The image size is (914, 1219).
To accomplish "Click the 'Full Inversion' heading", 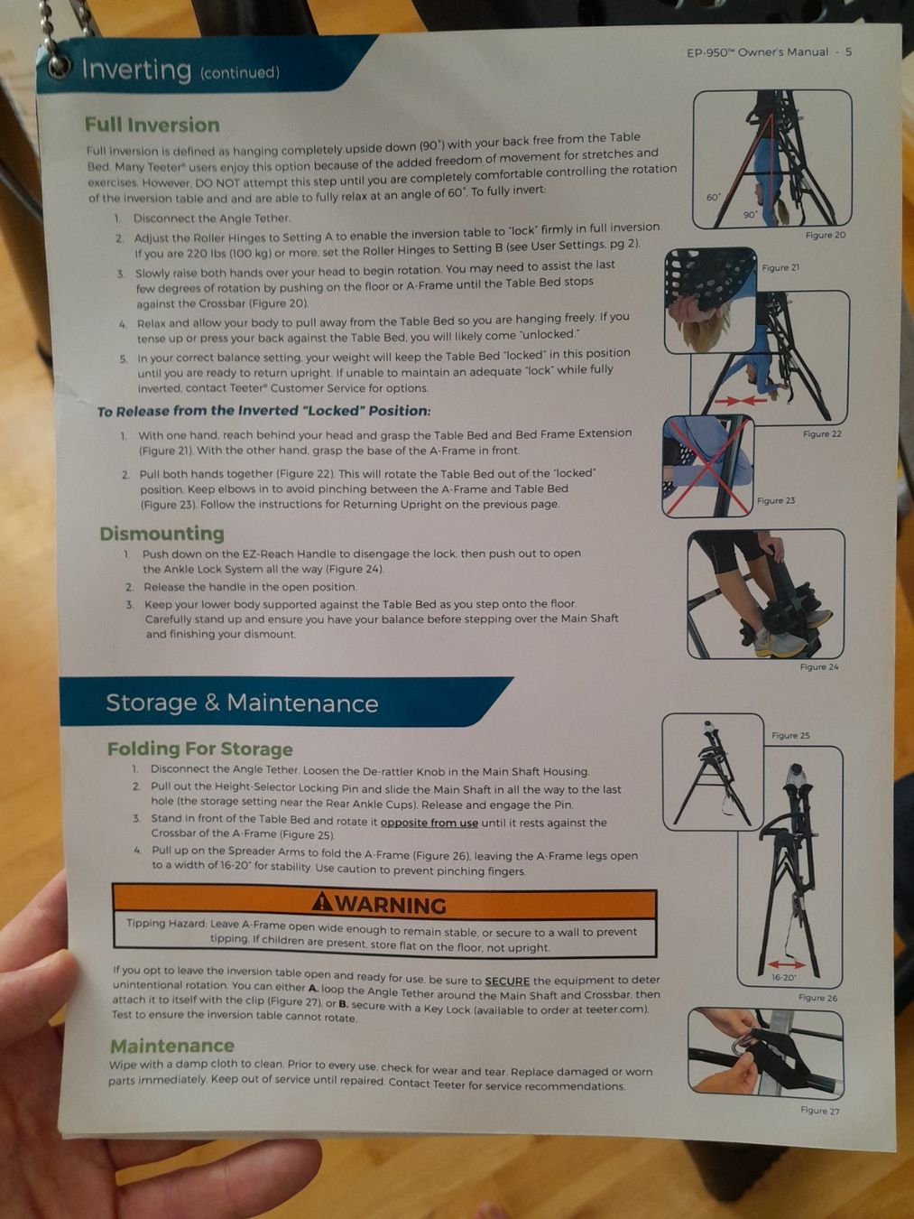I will (x=152, y=126).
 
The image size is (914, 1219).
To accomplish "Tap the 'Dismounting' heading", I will (x=162, y=534).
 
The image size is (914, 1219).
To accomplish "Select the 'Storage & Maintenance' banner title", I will (x=242, y=703).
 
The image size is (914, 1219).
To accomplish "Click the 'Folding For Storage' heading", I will (x=199, y=749).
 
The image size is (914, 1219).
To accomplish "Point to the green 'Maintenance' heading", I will (x=171, y=1046).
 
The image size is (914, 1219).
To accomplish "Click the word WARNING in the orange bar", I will (x=391, y=905).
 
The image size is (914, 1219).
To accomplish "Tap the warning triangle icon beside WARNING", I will (x=322, y=902).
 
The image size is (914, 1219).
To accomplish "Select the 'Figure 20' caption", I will (x=825, y=235).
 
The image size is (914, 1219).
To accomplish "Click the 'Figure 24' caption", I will (x=818, y=666).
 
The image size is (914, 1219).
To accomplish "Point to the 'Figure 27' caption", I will (x=819, y=1110).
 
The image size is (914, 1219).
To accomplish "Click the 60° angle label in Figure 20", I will (x=713, y=197).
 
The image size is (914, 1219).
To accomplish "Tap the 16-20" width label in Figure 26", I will (x=783, y=977).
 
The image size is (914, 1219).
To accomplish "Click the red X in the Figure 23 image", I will (x=708, y=467).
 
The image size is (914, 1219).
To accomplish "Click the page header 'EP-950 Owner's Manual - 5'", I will (x=768, y=52).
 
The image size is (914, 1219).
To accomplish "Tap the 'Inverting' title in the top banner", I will (x=136, y=70).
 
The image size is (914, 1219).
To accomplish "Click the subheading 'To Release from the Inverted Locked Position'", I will (x=263, y=411).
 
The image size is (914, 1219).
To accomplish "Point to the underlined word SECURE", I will (x=507, y=981).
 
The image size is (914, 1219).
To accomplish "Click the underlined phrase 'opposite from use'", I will (x=429, y=823).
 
